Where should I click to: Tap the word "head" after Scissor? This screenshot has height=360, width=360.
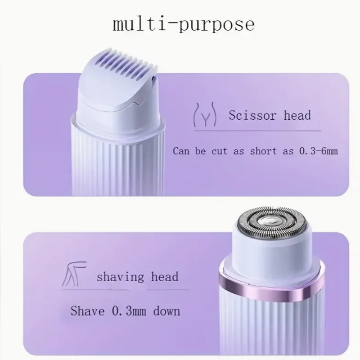[297, 115]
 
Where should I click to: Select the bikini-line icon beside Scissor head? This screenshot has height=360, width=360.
[205, 116]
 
